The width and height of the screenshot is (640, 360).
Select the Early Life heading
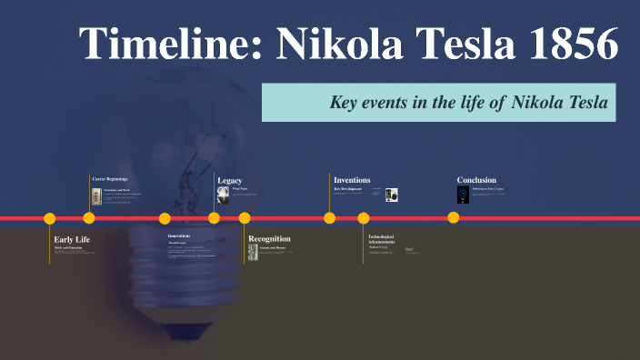[x=72, y=239]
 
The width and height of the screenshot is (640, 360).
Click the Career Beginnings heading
[x=110, y=179]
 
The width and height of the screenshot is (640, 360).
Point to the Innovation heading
[x=178, y=235]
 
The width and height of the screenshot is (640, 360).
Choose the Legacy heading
[x=229, y=180]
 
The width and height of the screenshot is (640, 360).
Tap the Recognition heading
[x=269, y=239]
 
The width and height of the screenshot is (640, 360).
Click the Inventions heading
[x=352, y=180]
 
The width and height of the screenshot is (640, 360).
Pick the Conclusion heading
[x=476, y=180]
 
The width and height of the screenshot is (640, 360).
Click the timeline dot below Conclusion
[x=453, y=217]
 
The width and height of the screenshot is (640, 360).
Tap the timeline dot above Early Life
[x=50, y=218]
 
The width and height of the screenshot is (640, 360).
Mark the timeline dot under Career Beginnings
[x=88, y=218]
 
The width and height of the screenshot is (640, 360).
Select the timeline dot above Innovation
[x=165, y=218]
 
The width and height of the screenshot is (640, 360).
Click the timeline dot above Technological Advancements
[x=364, y=218]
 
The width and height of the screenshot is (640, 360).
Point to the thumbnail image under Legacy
[x=223, y=195]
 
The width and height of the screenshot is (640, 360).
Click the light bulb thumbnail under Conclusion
[x=463, y=195]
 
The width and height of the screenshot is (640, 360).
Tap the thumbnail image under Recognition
[x=254, y=253]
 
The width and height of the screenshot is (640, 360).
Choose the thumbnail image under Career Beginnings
[x=97, y=197]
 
